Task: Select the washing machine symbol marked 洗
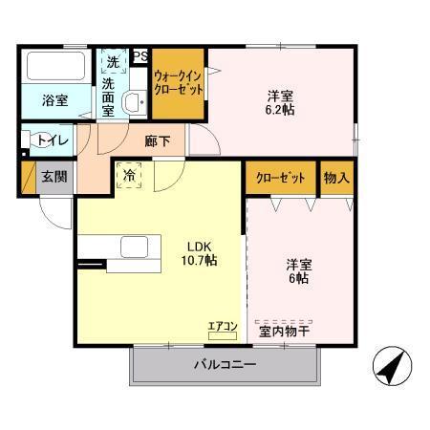pyautogui.click(x=114, y=61)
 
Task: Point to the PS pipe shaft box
pyautogui.click(x=140, y=55)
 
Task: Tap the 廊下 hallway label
pyautogui.click(x=158, y=140)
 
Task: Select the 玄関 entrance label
pyautogui.click(x=54, y=177)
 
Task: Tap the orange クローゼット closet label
pyautogui.click(x=280, y=178)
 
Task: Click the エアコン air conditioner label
pyautogui.click(x=222, y=326)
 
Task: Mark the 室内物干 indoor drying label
pyautogui.click(x=290, y=332)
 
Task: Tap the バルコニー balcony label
pyautogui.click(x=225, y=363)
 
